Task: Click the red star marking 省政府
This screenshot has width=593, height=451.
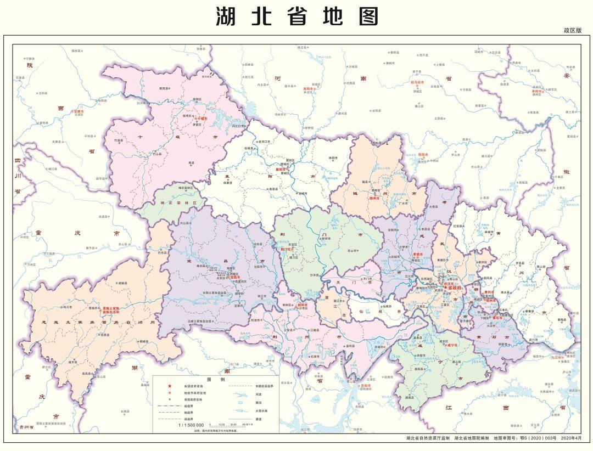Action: click(445, 287)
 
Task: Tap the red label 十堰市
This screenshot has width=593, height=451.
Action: click(202, 118)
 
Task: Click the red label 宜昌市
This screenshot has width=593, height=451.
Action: click(236, 278)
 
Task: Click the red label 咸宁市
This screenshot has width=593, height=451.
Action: click(452, 346)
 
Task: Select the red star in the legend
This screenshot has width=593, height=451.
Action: click(170, 387)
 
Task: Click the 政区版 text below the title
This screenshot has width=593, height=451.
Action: click(572, 31)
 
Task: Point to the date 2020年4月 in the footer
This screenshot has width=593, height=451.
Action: click(577, 438)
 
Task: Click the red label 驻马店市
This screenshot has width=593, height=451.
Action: click(418, 82)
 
